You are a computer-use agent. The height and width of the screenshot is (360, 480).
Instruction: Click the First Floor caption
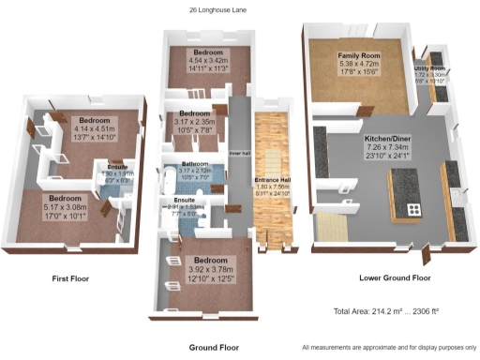point(71,278)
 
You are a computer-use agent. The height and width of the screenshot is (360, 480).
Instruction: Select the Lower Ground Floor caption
point(395,278)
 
